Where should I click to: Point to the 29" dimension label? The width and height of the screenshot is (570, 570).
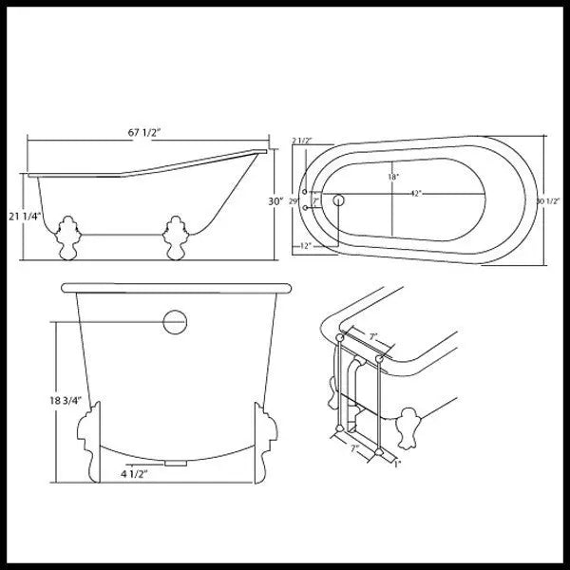point(294,201)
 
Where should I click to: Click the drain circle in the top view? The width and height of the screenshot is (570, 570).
point(339,200)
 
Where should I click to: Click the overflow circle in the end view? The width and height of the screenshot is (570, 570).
point(175,321)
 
